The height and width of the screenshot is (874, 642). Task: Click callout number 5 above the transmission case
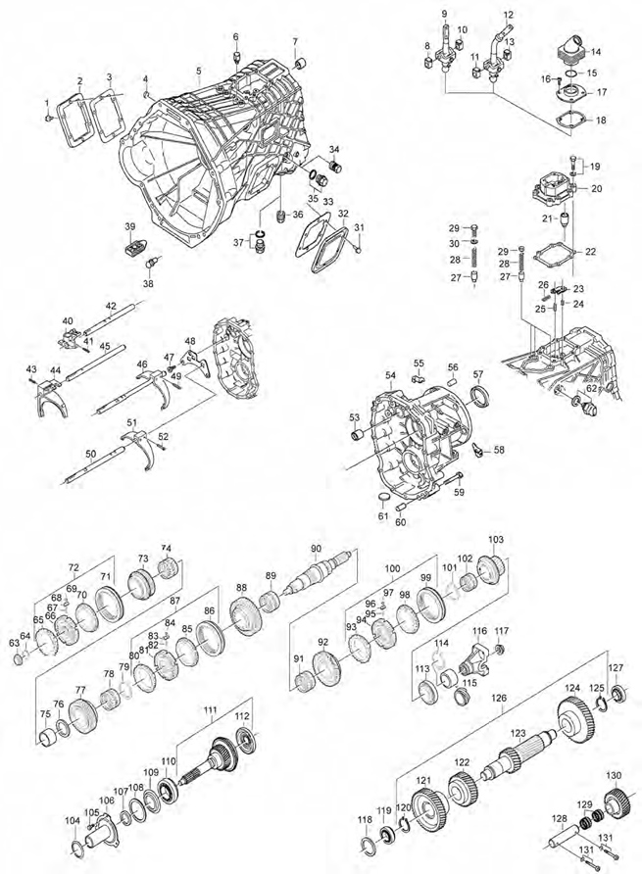pos(198,71)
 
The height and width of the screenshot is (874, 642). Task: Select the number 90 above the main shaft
pos(316,548)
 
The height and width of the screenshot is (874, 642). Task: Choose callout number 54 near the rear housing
pos(389,376)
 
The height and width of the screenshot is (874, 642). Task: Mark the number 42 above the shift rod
pos(111,307)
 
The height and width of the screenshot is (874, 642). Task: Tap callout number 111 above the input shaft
pos(209,708)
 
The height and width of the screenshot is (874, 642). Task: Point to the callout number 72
pos(73,568)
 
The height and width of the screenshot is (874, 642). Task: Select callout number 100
pos(393,568)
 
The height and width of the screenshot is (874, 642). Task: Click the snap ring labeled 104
pos(77,848)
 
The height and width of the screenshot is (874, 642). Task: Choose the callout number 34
pos(334,149)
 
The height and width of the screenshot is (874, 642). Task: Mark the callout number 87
pos(174,600)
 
